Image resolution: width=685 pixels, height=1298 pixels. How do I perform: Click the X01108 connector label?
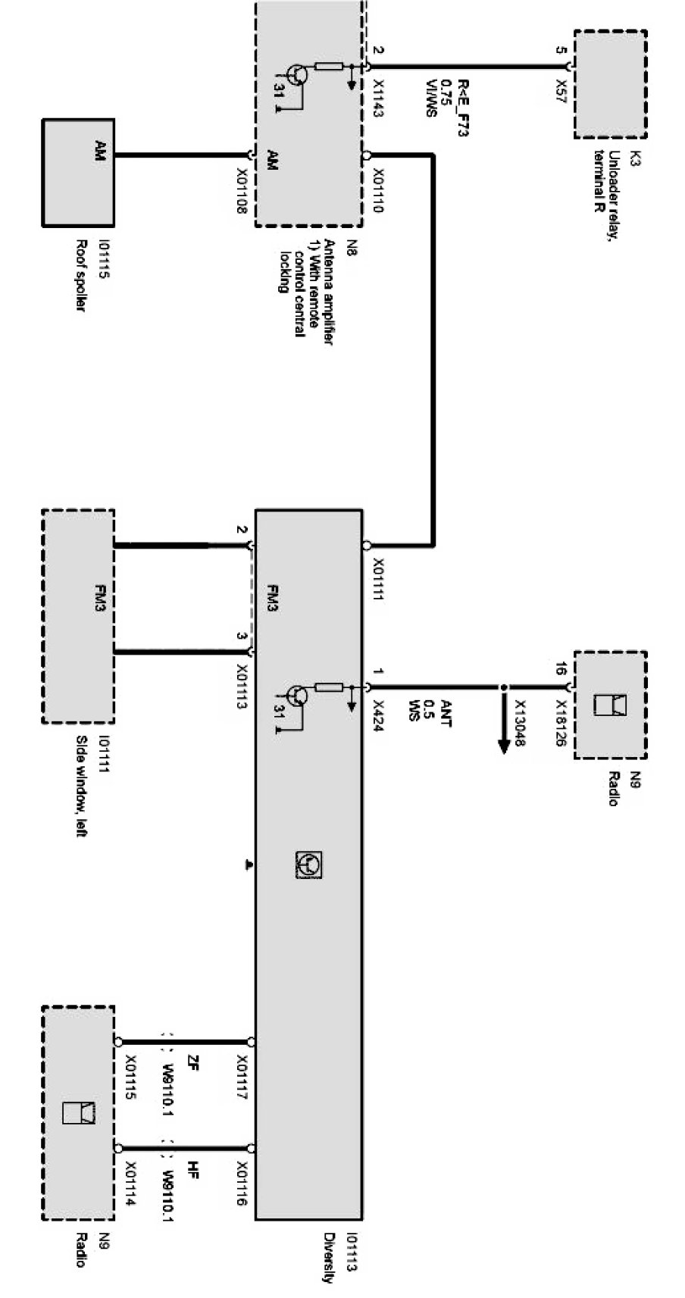coord(242,190)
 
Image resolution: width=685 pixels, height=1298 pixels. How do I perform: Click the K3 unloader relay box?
coord(610,84)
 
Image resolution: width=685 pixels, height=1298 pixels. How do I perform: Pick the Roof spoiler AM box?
coord(78,173)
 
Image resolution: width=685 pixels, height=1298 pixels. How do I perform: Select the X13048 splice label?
coord(519,723)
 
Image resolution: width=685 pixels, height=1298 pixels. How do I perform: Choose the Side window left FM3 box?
coord(78,616)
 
